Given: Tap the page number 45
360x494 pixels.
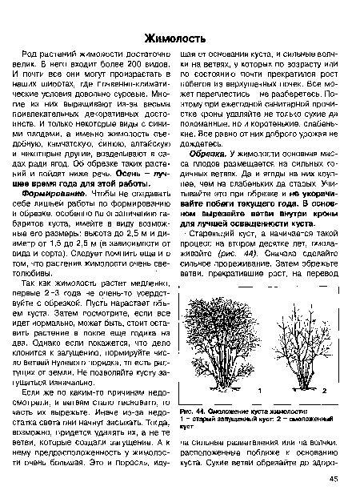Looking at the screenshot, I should pos(333,479).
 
